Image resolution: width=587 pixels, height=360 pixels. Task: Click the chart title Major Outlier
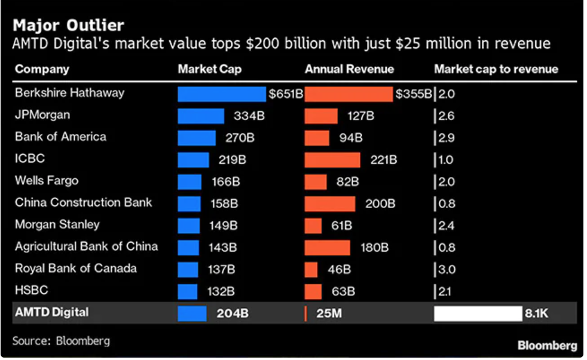point(68,25)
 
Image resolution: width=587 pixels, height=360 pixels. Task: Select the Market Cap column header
point(209,69)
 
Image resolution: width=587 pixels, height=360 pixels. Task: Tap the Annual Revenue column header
point(349,69)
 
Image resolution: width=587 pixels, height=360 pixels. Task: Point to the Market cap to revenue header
point(496,69)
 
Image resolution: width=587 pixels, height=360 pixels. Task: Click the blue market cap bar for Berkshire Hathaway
point(222,94)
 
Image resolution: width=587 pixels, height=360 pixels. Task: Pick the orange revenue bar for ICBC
point(332,160)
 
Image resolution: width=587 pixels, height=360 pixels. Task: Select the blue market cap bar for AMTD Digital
point(192,313)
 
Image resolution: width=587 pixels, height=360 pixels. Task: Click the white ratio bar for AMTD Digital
point(478,313)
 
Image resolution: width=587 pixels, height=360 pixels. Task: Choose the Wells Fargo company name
point(47,181)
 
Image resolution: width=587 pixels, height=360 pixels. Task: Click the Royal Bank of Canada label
point(75,269)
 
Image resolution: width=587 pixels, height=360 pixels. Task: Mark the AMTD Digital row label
point(52,312)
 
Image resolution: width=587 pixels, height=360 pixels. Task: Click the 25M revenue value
point(328,313)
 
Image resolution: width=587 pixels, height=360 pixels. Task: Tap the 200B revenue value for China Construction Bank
point(380,203)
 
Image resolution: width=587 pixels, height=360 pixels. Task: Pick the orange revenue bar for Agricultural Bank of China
point(328,247)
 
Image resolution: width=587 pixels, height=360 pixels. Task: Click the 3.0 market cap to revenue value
point(446,269)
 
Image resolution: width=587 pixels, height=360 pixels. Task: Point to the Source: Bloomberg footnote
point(61,341)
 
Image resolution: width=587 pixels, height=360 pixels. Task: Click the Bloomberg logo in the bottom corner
point(547,345)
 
